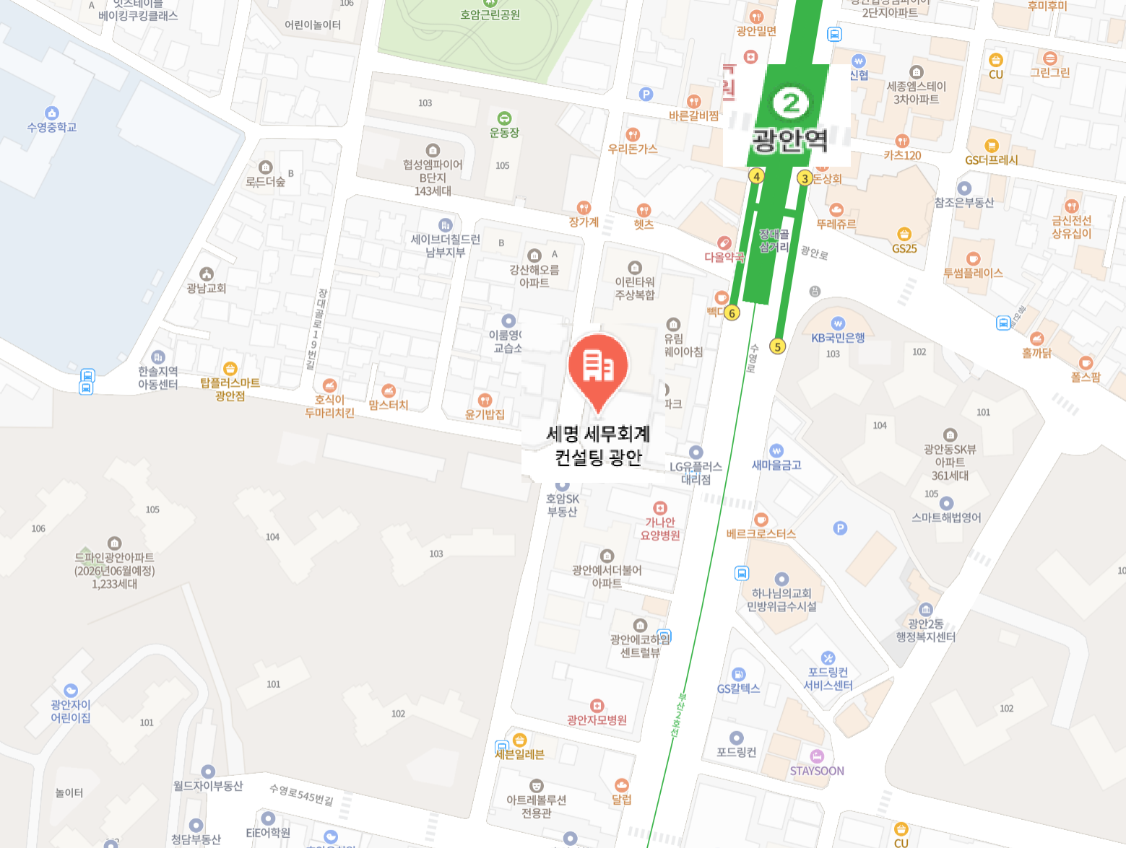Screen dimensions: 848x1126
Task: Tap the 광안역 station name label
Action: (x=789, y=139)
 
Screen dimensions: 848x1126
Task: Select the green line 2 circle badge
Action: (x=790, y=102)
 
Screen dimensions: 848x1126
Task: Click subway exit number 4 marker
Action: (x=756, y=176)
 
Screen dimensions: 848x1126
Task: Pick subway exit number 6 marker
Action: (x=732, y=312)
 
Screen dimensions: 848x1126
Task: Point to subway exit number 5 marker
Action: (x=777, y=346)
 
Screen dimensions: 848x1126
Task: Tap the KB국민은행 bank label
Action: (x=838, y=337)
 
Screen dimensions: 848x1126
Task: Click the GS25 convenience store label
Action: (x=904, y=248)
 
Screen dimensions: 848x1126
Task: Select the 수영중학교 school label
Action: (x=51, y=127)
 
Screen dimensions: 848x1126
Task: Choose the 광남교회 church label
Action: (x=207, y=288)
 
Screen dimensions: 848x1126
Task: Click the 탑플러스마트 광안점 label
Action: (x=230, y=389)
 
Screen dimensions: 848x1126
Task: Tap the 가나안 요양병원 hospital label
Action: (x=660, y=528)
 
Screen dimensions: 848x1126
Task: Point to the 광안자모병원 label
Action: (x=597, y=720)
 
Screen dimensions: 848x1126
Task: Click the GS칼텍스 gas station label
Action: (x=738, y=689)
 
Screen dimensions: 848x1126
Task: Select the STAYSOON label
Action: (x=817, y=771)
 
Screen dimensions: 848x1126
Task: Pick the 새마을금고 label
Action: (x=776, y=465)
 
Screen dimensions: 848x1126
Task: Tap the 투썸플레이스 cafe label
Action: (x=973, y=273)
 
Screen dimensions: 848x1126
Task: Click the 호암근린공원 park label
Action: (x=490, y=14)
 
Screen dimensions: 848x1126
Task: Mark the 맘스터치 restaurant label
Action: (x=389, y=405)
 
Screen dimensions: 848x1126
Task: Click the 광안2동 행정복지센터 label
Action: (x=925, y=630)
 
